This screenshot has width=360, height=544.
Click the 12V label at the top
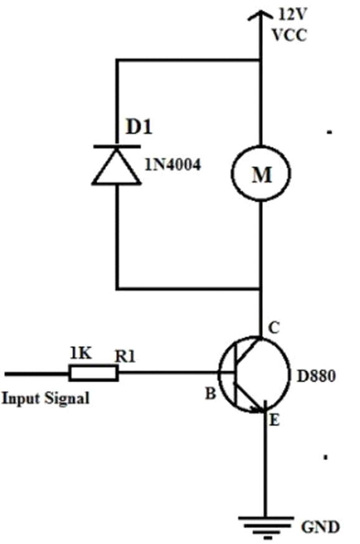293,14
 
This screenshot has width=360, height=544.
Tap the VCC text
289,35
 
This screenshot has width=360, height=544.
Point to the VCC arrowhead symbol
260,16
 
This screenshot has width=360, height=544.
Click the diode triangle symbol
116,167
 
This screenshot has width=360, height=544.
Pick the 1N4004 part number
173,164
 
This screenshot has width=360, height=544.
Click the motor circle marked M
260,173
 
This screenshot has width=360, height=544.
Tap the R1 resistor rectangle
93,373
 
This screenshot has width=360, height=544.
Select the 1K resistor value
81,353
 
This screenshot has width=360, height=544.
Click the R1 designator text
125,356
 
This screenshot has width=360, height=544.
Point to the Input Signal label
45,398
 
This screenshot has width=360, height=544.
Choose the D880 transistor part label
316,376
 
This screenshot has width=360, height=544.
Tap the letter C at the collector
274,327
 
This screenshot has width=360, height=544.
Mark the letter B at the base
211,393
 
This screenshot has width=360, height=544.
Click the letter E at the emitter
274,420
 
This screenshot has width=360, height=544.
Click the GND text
320,527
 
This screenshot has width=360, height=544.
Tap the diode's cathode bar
117,147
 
